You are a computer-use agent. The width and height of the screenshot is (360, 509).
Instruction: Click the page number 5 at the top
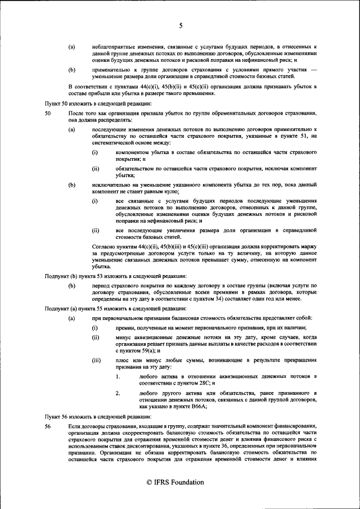181,25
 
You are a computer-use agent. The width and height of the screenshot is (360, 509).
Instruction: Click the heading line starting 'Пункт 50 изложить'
90,105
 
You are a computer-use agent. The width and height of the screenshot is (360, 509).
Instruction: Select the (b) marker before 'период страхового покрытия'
71,286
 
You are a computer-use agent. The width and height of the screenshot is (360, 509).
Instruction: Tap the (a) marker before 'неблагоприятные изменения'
71,45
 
